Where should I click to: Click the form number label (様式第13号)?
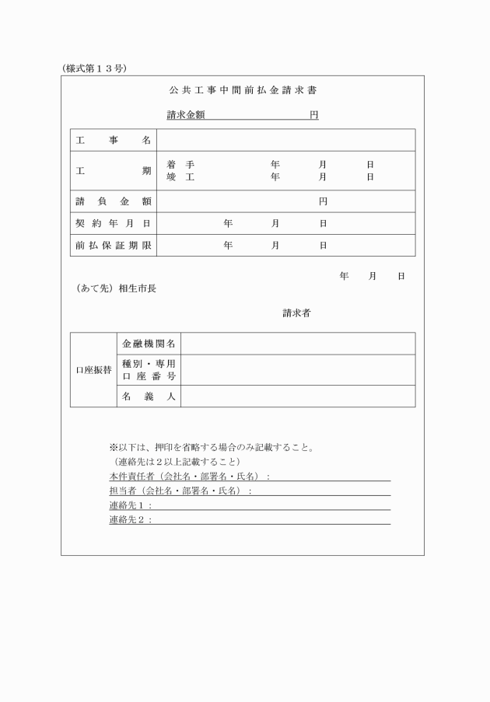[93, 68]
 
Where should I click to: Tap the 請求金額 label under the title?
[186, 115]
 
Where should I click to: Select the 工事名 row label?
[114, 140]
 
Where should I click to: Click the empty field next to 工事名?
[285, 140]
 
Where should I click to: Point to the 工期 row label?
[114, 170]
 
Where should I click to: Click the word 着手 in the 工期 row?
[180, 165]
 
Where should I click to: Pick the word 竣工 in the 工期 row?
[180, 177]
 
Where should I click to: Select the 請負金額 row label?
[114, 201]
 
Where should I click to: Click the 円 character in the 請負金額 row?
[323, 201]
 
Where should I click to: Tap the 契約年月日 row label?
[114, 223]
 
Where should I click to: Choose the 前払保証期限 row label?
[114, 245]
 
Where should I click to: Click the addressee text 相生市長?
[138, 288]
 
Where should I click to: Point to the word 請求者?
[297, 313]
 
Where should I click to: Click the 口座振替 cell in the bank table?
[93, 370]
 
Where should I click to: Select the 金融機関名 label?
[149, 344]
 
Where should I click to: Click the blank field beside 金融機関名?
[298, 344]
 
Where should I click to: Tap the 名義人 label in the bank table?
[149, 396]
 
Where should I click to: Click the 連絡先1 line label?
[130, 505]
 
